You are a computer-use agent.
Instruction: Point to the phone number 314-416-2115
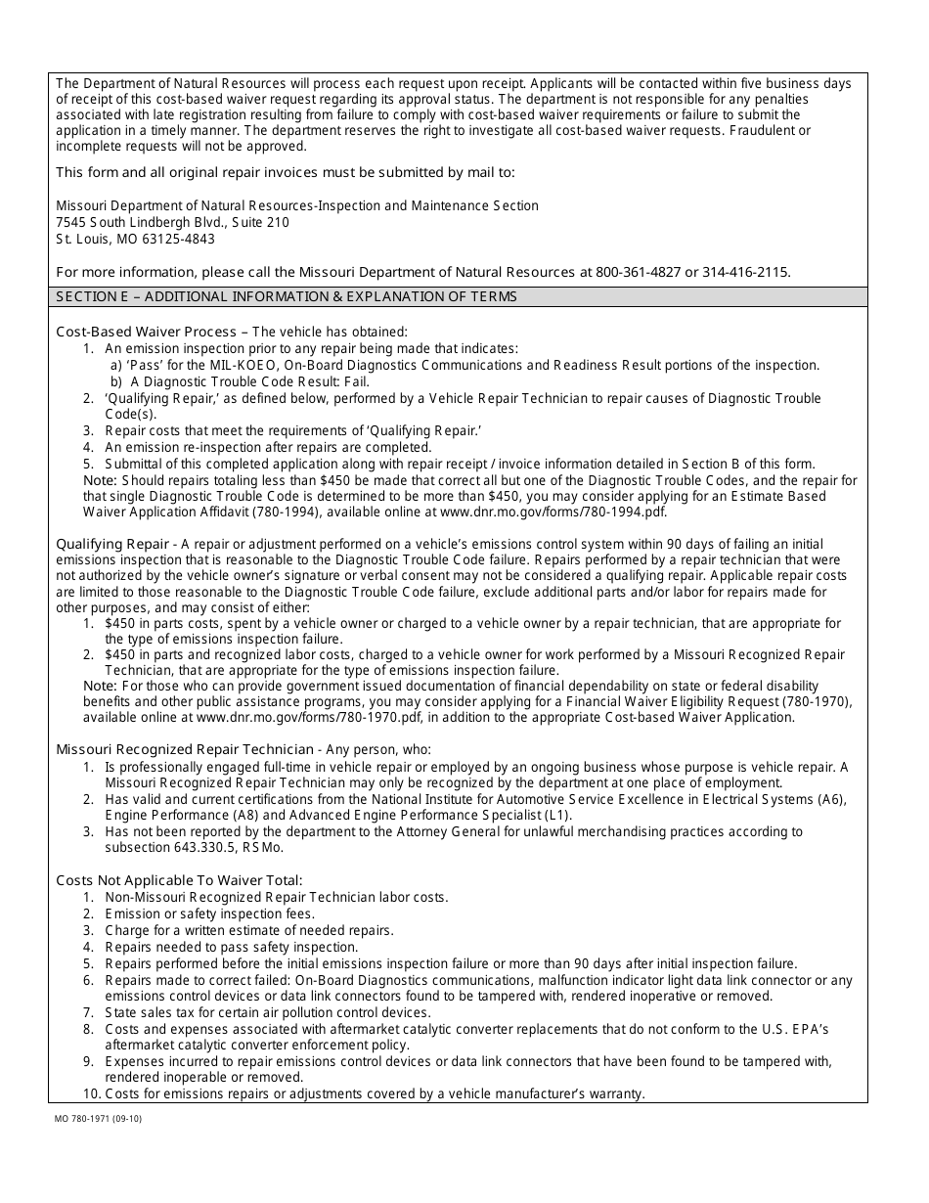(749, 272)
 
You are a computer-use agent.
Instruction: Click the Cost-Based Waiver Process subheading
(146, 332)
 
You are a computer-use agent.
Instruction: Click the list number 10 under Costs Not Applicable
(90, 1093)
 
